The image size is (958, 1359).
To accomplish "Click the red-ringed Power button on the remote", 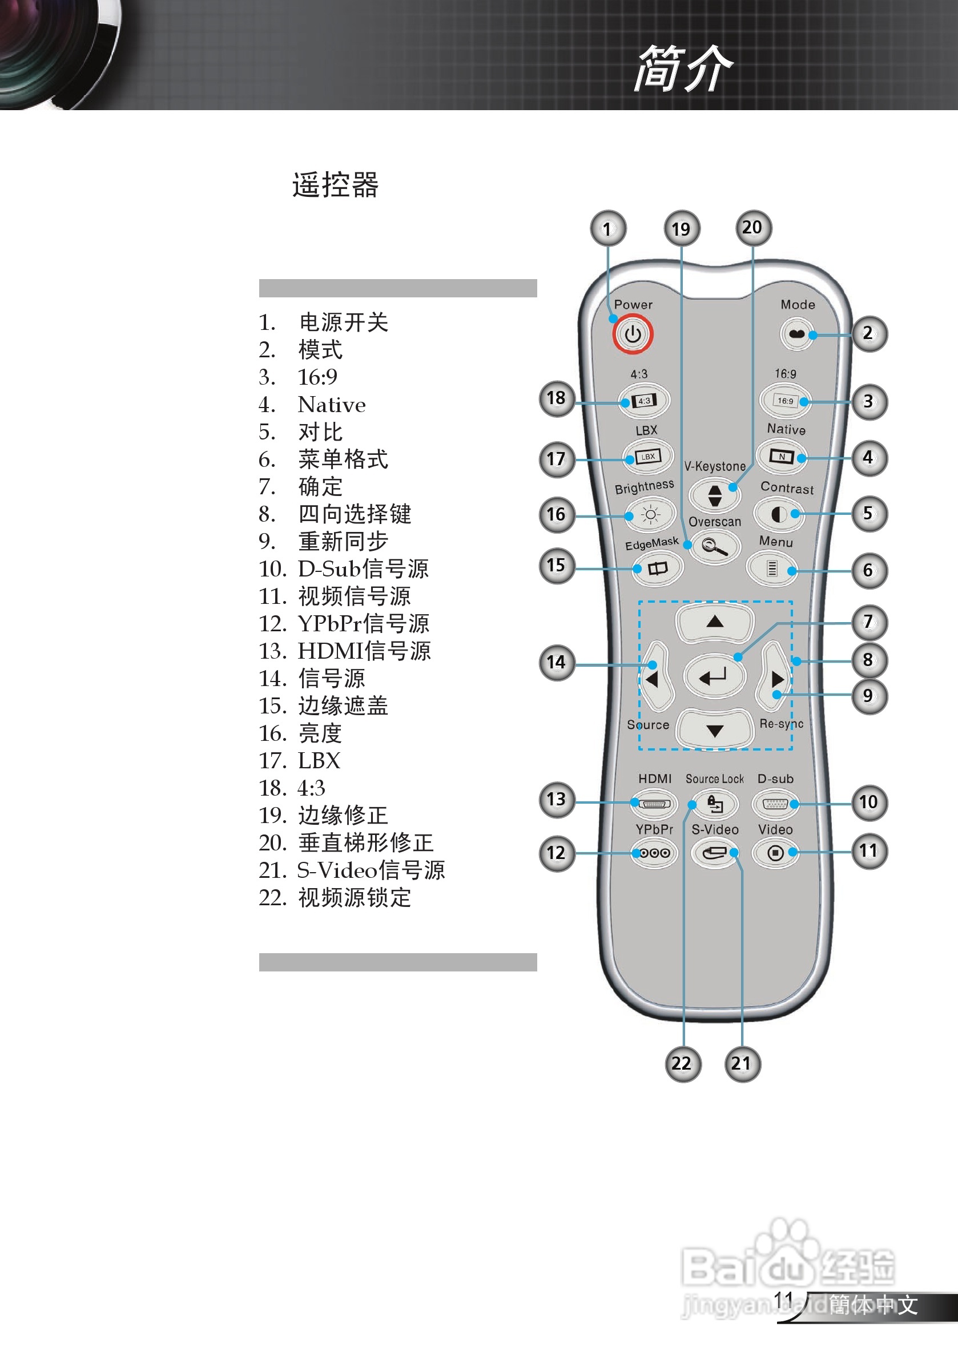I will (x=633, y=334).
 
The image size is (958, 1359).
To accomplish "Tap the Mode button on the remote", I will (x=796, y=334).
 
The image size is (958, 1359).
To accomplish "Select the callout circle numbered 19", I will (x=682, y=229).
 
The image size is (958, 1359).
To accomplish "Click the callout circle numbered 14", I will (x=557, y=662).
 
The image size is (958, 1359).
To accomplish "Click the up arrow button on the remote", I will (x=715, y=622).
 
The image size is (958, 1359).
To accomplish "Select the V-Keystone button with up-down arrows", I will (x=715, y=495).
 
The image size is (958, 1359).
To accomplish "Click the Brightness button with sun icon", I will (x=650, y=514).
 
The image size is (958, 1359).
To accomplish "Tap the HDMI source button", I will (x=654, y=804).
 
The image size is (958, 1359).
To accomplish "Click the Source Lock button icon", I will (x=715, y=804).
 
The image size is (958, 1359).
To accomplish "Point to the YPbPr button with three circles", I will (x=654, y=853).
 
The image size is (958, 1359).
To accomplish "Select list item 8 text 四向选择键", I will (x=354, y=514).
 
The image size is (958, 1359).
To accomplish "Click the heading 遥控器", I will (x=335, y=185).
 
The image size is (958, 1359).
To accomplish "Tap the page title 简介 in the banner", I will (x=683, y=68).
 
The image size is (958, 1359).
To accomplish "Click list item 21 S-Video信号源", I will (x=370, y=870).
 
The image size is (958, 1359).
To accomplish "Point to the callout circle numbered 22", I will (x=682, y=1064).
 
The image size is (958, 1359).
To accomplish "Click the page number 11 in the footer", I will (x=783, y=1300).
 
